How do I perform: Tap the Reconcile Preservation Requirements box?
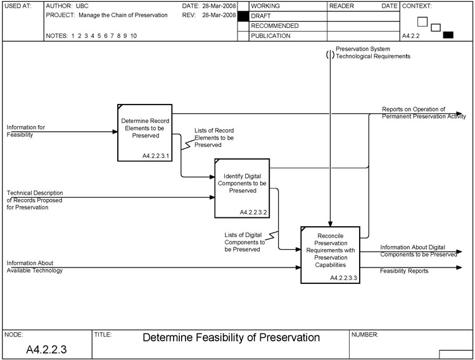pyautogui.click(x=329, y=250)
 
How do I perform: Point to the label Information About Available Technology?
pyautogui.click(x=34, y=266)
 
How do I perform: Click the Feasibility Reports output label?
pyautogui.click(x=404, y=271)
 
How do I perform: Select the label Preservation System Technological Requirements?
pyautogui.click(x=373, y=52)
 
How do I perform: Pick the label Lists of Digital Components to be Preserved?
pyautogui.click(x=244, y=241)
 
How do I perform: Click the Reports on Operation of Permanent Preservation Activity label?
pyautogui.click(x=423, y=113)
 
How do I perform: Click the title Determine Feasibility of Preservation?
pyautogui.click(x=231, y=337)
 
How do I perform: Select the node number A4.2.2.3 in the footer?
pyautogui.click(x=46, y=349)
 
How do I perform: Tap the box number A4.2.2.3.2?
pyautogui.click(x=254, y=212)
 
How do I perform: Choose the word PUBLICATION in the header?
pyautogui.click(x=270, y=36)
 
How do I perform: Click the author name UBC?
pyautogui.click(x=82, y=5)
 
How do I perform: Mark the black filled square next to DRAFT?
pyautogui.click(x=243, y=15)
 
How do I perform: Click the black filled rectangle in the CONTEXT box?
pyautogui.click(x=448, y=35)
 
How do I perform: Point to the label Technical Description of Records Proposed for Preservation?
pyautogui.click(x=35, y=200)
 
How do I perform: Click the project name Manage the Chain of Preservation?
pyautogui.click(x=118, y=15)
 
